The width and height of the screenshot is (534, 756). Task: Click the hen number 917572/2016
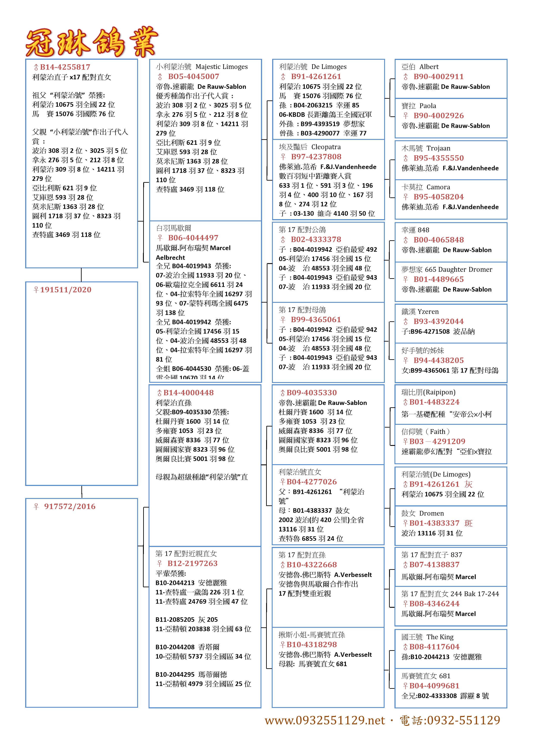click(70, 506)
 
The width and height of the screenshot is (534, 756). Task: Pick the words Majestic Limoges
click(221, 67)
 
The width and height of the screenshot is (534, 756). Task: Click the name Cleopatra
click(326, 147)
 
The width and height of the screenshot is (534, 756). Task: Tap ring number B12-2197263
click(192, 563)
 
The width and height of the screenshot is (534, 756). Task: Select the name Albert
click(429, 67)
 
